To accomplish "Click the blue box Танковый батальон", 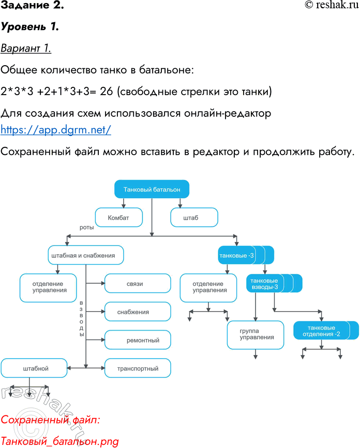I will (152, 190).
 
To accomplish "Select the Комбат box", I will (118, 218).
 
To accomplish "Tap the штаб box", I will (191, 218).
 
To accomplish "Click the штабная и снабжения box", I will (86, 255).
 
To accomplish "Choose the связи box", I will (138, 284).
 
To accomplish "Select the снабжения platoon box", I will (138, 312).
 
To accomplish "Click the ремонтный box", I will (138, 340).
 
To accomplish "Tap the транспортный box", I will (138, 368).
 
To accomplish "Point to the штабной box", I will (34, 368).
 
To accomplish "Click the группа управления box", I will (256, 334).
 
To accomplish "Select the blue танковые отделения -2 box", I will (322, 331).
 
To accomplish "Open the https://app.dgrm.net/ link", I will (56, 130).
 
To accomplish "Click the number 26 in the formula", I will (107, 92).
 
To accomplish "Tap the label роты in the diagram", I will (87, 227).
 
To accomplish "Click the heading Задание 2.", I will (32, 6).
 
